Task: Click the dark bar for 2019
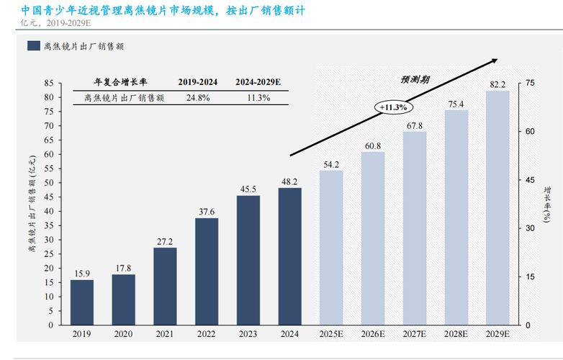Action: coord(81,302)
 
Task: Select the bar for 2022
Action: coord(207,271)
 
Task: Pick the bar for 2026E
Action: coord(373,238)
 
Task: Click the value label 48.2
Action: coord(290,182)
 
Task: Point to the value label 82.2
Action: coord(498,84)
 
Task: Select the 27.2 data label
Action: coord(165,242)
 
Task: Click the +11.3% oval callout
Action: coord(392,107)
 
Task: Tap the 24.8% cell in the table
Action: coord(198,97)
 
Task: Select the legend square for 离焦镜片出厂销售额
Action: coord(33,46)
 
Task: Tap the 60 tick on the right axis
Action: coord(530,132)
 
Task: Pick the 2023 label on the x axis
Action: coord(248,334)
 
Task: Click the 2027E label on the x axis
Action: coord(415,334)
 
